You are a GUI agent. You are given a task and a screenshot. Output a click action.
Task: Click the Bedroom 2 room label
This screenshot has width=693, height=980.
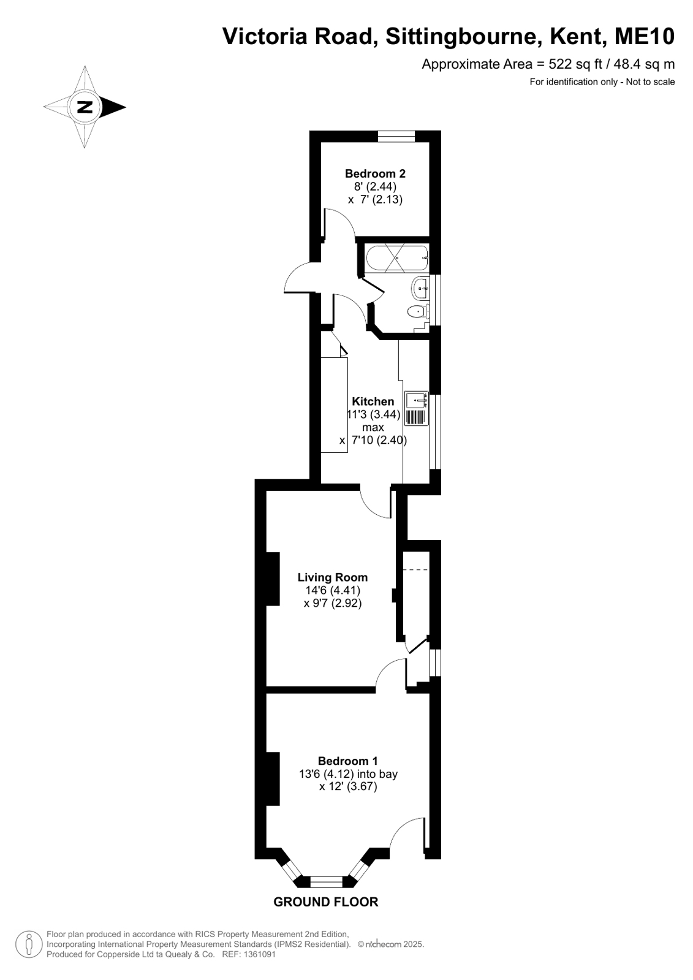coord(375,173)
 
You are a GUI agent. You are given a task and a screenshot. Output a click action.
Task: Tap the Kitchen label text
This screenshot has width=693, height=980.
coord(373,401)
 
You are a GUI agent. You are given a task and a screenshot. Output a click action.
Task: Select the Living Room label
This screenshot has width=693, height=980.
coord(333,577)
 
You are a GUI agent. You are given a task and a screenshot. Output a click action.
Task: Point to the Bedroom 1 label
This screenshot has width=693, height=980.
coord(348,761)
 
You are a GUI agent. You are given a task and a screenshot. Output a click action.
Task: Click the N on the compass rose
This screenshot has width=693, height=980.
coord(85,107)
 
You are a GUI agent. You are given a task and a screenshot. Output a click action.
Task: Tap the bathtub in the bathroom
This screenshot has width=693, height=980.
coord(397,259)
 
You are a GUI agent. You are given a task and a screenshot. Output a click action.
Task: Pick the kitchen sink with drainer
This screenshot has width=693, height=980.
coord(416,408)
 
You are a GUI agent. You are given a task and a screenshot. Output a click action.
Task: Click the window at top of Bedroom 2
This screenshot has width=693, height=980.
coord(396,136)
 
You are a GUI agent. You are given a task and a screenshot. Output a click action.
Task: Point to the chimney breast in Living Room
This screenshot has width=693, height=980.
coord(273,579)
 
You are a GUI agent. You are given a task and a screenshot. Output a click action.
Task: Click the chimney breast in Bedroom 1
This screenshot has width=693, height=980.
coord(273,779)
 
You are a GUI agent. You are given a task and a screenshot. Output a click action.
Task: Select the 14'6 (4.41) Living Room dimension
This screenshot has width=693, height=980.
coord(333,591)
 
